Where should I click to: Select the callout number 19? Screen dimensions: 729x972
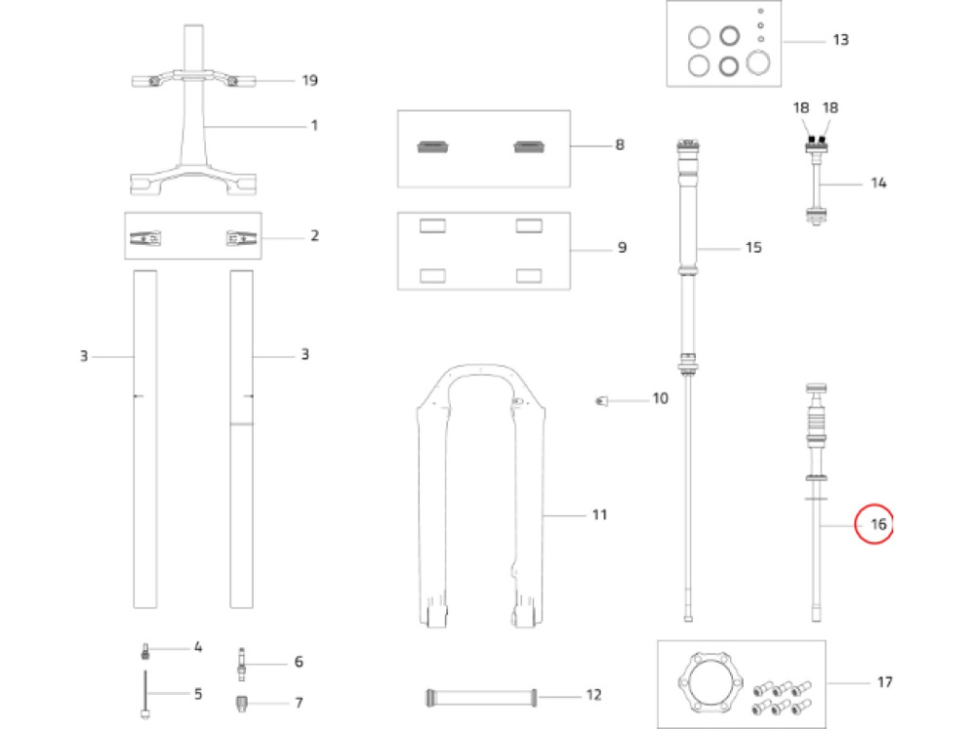(309, 80)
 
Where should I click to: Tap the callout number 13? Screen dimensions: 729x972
(840, 40)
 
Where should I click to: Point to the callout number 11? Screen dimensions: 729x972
(599, 513)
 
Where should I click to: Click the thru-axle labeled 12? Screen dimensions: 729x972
(480, 695)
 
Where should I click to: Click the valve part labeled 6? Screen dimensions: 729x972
(240, 663)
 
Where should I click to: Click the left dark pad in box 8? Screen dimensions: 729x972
(431, 147)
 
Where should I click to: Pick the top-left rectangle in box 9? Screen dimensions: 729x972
(431, 226)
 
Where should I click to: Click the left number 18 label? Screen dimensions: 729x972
(800, 108)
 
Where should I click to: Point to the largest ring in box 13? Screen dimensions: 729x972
(758, 63)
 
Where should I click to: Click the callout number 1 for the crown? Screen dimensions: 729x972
(314, 125)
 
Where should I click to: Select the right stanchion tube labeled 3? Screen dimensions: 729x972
(241, 437)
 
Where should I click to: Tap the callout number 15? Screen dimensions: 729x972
(752, 248)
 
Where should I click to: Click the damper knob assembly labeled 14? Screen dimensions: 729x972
(815, 185)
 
